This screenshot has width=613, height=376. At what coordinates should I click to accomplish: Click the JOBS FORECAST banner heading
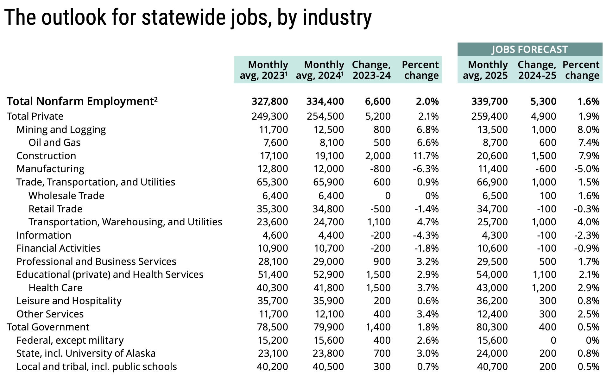click(x=530, y=49)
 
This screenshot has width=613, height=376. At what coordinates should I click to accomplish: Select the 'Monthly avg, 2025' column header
click(x=485, y=70)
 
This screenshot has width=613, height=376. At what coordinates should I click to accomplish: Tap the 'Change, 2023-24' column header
click(x=371, y=70)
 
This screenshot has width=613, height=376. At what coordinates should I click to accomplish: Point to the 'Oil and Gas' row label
click(x=54, y=142)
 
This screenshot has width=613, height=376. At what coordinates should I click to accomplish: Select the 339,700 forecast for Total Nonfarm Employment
click(x=490, y=101)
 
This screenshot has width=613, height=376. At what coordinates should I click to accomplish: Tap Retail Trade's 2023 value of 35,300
click(x=272, y=209)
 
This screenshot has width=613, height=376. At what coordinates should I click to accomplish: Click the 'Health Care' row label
click(x=55, y=288)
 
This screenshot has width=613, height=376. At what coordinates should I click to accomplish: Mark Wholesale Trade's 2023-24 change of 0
click(x=388, y=196)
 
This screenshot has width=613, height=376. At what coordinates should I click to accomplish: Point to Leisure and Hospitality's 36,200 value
click(x=492, y=301)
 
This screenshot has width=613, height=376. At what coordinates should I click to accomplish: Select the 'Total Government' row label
click(x=48, y=327)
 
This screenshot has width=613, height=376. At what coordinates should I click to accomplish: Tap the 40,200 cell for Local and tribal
click(x=272, y=367)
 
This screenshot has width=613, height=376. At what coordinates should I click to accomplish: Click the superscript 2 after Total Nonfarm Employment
click(x=156, y=99)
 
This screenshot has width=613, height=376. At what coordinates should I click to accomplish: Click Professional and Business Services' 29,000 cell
click(x=328, y=261)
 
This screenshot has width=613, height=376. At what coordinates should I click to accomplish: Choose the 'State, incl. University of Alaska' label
click(x=86, y=353)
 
